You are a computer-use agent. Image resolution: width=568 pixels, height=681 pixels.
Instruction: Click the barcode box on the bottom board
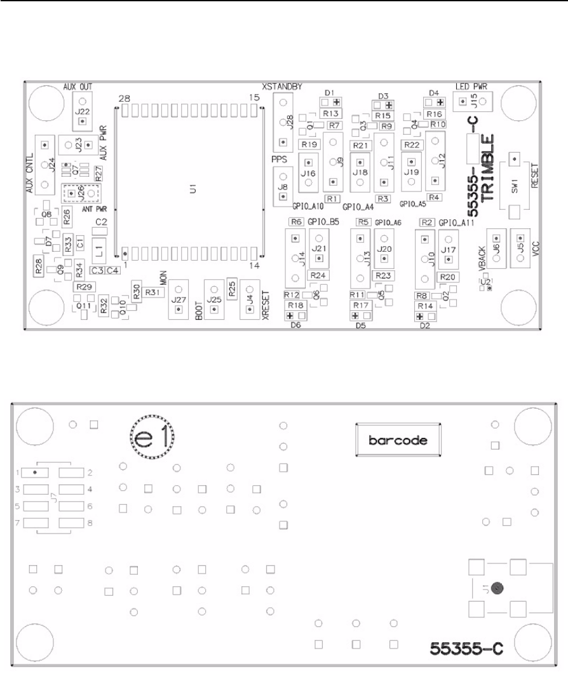click(398, 440)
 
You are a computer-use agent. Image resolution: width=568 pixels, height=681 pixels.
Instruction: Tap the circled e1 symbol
click(152, 437)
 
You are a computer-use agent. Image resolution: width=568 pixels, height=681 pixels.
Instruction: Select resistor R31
click(154, 291)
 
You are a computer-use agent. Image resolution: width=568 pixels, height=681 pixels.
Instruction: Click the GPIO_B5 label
click(323, 222)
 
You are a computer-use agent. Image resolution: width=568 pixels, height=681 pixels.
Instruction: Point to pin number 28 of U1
click(125, 99)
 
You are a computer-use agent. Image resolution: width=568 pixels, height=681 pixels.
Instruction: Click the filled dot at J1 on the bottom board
click(499, 588)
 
